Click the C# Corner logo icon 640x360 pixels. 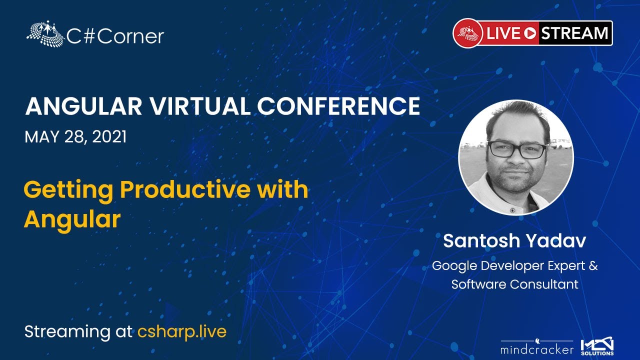pyautogui.click(x=45, y=33)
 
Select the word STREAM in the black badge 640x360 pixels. pyautogui.click(x=574, y=33)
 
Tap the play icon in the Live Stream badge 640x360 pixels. pyautogui.click(x=530, y=33)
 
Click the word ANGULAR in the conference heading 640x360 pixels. pyautogui.click(x=83, y=106)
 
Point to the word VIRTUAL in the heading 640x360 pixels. pyautogui.click(x=199, y=106)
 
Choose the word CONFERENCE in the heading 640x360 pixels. pyautogui.click(x=338, y=106)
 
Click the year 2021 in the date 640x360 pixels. pyautogui.click(x=109, y=136)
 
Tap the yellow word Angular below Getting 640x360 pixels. pyautogui.click(x=72, y=220)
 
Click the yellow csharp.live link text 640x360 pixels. pyautogui.click(x=182, y=331)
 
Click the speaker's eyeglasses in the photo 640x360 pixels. pyautogui.click(x=517, y=149)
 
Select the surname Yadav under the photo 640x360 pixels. pyautogui.click(x=556, y=241)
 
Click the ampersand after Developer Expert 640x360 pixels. pyautogui.click(x=593, y=265)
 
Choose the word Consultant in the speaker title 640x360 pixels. pyautogui.click(x=544, y=284)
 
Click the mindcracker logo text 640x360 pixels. pyautogui.click(x=537, y=349)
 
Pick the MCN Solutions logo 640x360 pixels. pyautogui.click(x=597, y=346)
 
